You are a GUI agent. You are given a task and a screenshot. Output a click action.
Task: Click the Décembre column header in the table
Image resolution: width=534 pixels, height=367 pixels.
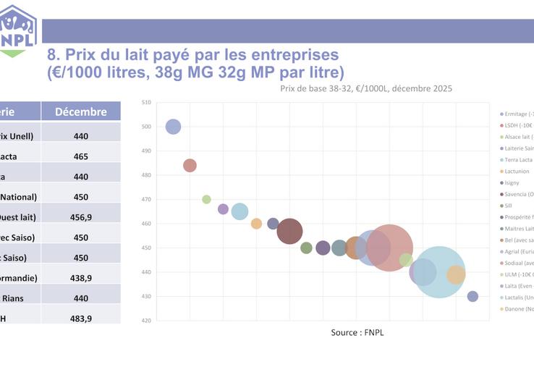point(81,111)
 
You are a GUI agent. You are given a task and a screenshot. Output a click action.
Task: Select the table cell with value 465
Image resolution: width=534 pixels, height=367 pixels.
point(81,156)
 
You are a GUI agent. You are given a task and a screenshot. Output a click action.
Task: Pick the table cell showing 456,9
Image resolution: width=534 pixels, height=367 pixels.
point(81,216)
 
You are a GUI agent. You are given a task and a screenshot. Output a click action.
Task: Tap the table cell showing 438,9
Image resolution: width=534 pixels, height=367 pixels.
point(81,277)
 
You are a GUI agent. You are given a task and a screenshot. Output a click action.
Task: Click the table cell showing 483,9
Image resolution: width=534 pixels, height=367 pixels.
point(81,318)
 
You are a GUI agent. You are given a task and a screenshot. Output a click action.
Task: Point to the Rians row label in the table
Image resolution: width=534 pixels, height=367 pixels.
point(16,298)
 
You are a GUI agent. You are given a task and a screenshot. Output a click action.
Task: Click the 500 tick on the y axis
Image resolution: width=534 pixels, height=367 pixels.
point(145,127)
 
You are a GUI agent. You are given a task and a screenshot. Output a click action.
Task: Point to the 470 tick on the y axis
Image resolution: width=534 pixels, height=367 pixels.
point(145,199)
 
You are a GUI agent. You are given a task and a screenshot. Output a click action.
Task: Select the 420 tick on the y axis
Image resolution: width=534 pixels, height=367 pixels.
point(145,321)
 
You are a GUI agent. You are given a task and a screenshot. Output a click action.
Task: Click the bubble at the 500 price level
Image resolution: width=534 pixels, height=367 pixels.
point(173,127)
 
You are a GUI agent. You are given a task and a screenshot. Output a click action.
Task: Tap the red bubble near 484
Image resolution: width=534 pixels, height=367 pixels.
point(190,165)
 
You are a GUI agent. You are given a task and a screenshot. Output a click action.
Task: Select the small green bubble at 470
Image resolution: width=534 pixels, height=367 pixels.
point(206,199)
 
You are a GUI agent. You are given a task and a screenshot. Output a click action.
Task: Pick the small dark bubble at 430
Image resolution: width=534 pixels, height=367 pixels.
point(472,296)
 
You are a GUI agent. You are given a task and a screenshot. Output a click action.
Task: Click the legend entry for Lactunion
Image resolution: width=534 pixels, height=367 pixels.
point(517,172)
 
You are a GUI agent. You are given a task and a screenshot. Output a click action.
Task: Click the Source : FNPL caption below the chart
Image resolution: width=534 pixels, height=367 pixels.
point(357,332)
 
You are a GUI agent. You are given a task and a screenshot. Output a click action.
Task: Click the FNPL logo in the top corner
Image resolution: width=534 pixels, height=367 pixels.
point(18,29)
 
